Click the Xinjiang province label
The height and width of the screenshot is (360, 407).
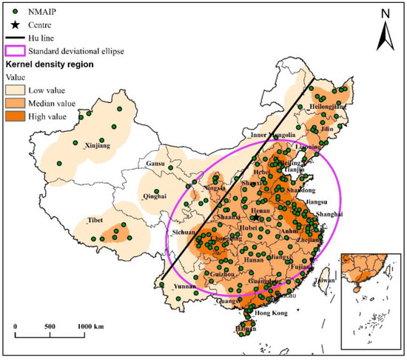[x=97, y=146]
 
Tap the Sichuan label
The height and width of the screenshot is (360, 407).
[x=184, y=233]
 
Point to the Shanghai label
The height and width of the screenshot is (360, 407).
[x=328, y=214]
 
